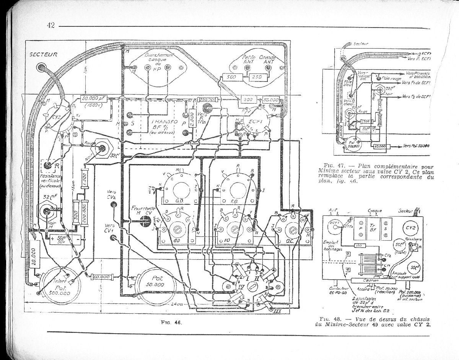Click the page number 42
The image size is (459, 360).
[51, 25]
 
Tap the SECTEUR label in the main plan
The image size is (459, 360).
[43, 55]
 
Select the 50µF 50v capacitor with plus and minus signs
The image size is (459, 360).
[62, 239]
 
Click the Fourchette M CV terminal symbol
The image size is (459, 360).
[145, 220]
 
